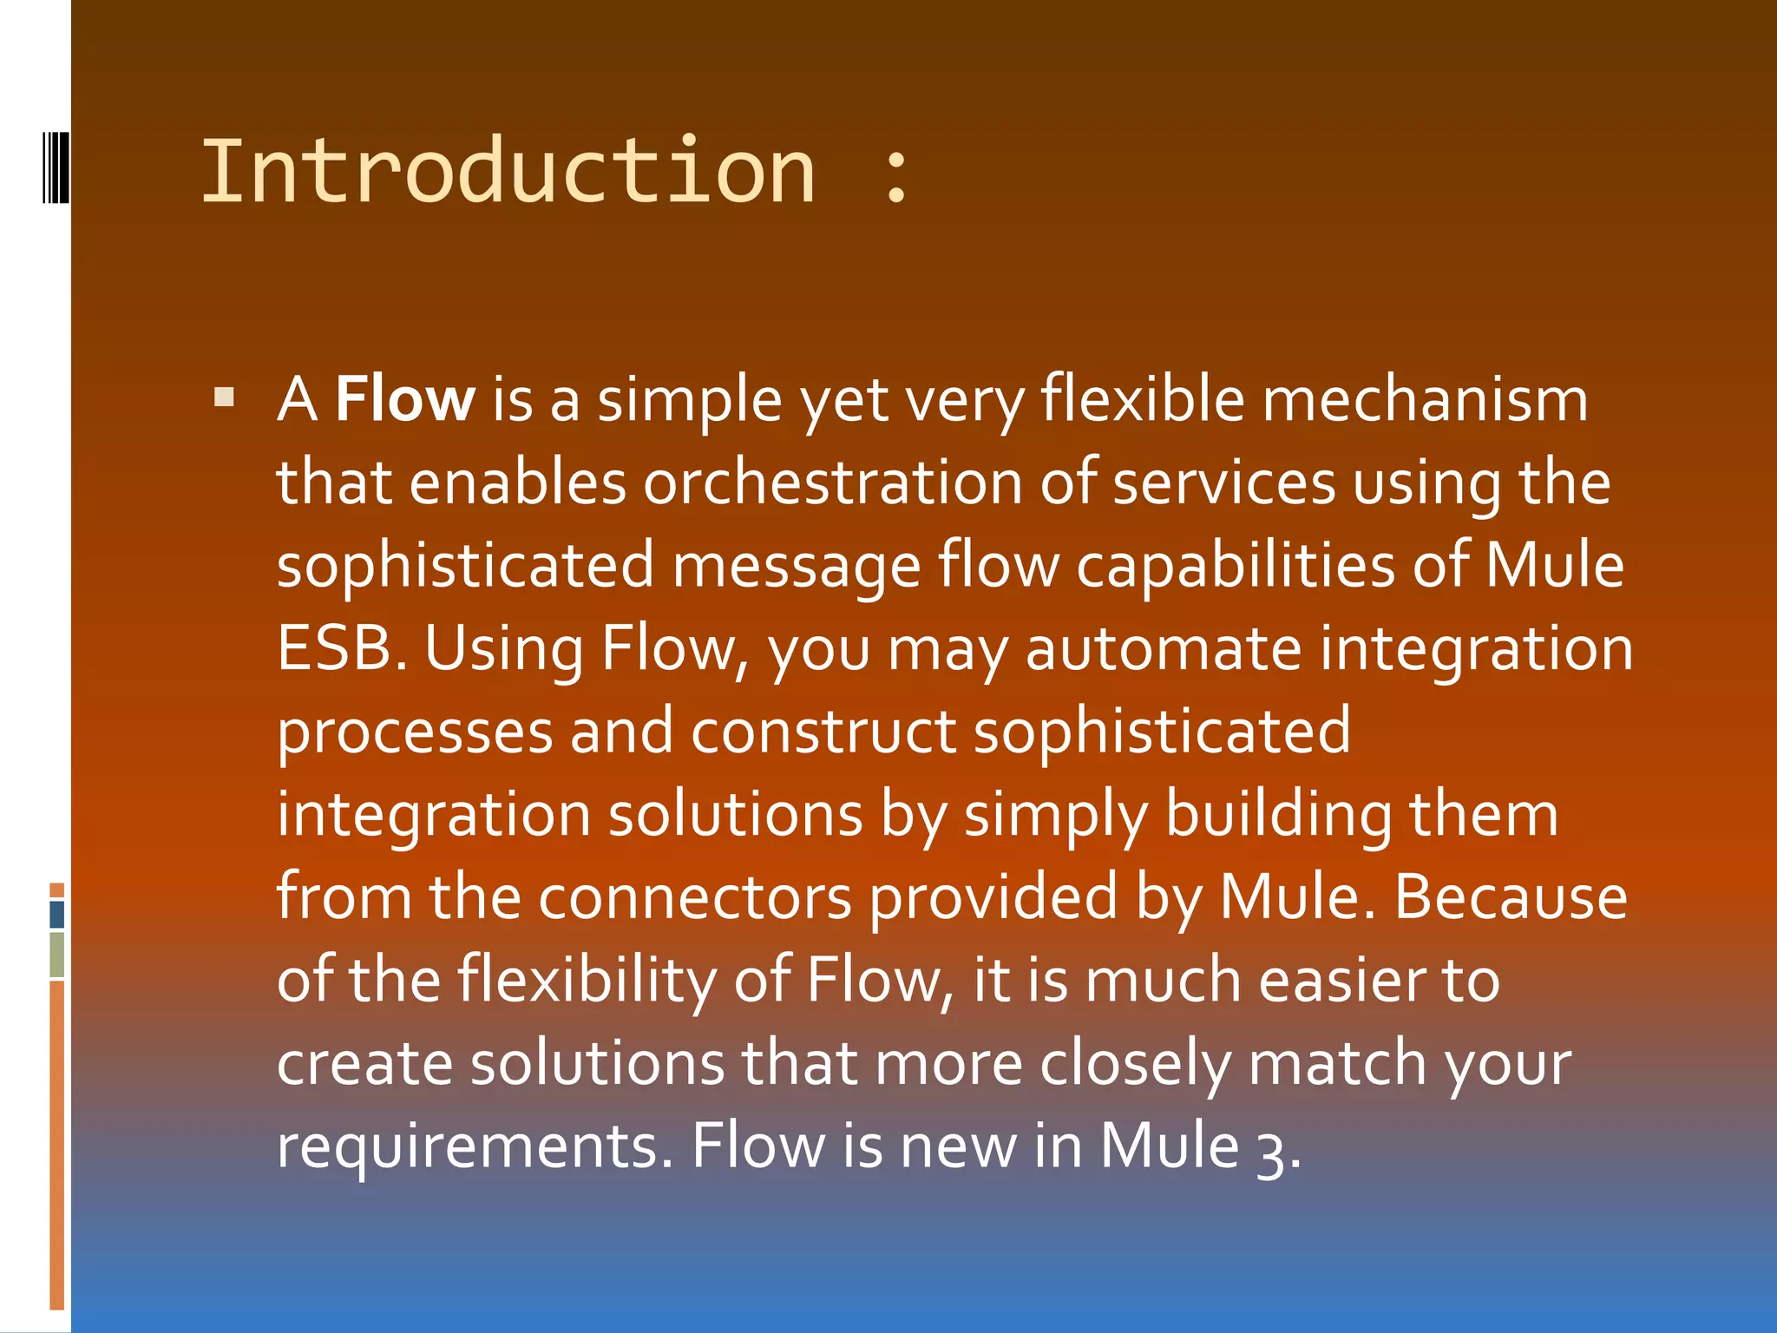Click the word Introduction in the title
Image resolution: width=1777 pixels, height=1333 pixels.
(508, 172)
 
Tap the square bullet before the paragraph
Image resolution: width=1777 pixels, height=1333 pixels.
(225, 398)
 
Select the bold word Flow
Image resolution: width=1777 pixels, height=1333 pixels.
(404, 399)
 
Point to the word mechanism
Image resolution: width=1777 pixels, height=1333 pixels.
(1425, 399)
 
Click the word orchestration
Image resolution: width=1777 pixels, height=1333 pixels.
(833, 483)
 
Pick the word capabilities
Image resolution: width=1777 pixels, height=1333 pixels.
(1236, 566)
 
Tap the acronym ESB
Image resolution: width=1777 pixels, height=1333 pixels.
(341, 648)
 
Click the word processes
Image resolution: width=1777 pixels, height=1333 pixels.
(415, 732)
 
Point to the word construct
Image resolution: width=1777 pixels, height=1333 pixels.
(823, 732)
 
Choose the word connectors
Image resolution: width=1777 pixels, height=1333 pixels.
(694, 897)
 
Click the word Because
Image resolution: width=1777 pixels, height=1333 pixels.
(1511, 897)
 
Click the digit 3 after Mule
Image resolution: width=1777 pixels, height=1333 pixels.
(1271, 1150)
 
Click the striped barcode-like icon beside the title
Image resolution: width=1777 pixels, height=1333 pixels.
(56, 167)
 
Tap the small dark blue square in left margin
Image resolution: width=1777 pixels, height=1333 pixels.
(56, 914)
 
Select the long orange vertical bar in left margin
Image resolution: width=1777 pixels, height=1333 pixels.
(56, 1144)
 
